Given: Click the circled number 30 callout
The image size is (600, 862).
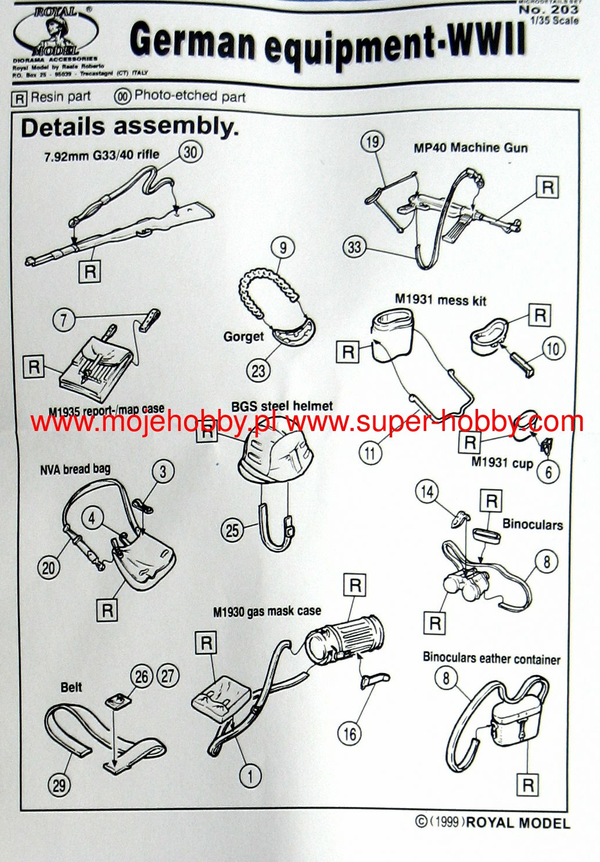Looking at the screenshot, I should (191, 152).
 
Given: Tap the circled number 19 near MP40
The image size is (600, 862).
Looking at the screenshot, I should (372, 141).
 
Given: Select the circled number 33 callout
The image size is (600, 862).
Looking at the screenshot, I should (354, 247).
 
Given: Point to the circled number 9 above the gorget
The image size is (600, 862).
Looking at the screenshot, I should (283, 248).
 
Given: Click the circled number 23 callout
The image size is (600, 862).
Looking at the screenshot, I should (258, 371).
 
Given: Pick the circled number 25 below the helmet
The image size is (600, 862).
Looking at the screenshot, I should (232, 530).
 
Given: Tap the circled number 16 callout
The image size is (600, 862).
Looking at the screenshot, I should (349, 734).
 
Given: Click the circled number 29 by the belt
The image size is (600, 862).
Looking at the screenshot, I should (59, 785).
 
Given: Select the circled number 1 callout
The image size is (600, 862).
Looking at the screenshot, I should (250, 775).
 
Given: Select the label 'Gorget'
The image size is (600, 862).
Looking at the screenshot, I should (243, 337).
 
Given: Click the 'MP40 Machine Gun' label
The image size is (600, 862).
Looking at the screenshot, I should (470, 148).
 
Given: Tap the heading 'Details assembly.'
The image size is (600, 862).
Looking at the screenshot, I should (130, 127).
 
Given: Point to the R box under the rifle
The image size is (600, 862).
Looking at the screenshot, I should (90, 271).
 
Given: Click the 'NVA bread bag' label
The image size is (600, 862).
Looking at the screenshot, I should (75, 469).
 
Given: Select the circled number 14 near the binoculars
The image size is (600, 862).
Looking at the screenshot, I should (427, 492).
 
